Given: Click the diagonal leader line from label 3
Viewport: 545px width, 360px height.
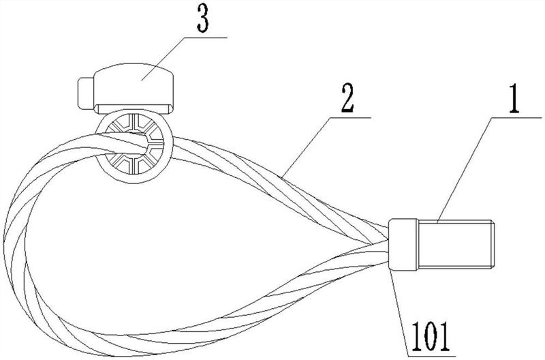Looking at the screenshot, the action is coord(163,59).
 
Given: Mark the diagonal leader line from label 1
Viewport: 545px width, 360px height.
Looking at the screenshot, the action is coord(465,169).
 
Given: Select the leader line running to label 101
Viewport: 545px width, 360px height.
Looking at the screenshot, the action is coord(399,313).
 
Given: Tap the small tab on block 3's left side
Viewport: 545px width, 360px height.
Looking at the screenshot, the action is coord(86,93).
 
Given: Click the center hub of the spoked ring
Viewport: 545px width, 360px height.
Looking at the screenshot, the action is coord(133,148).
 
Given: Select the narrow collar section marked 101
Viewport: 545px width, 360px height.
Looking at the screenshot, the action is coord(403,244).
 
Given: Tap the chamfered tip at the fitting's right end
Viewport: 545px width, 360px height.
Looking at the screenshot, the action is coord(492,244).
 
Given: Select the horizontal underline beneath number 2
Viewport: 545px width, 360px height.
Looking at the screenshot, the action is coord(351,117).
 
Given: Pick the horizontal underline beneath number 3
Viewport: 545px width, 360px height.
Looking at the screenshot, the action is coord(206,37).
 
